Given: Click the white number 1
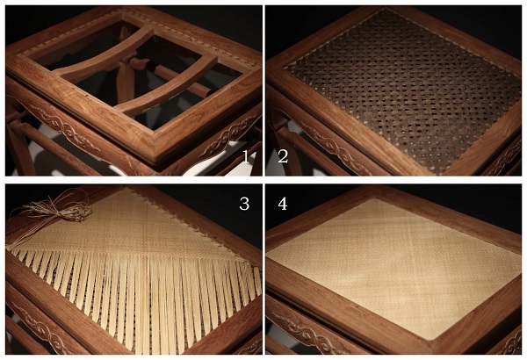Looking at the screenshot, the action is (246, 156).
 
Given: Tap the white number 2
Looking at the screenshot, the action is (283, 156).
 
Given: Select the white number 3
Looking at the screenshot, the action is (244, 204).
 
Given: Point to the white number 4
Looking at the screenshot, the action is (283, 204).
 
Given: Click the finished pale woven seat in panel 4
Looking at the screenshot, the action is (393, 265).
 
